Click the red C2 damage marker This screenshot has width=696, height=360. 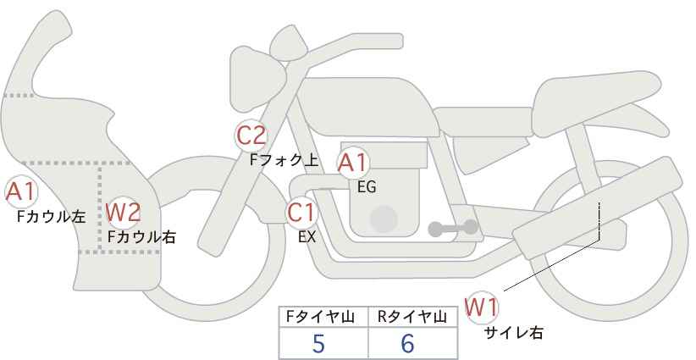[x=251, y=136]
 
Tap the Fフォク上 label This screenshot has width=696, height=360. [x=284, y=160]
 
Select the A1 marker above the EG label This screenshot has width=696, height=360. [x=353, y=163]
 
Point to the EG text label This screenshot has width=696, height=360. [x=367, y=187]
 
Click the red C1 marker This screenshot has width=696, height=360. [x=301, y=213]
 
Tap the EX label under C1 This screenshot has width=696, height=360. [x=307, y=237]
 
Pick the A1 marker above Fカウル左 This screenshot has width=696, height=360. [x=21, y=192]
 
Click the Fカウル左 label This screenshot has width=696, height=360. [x=51, y=217]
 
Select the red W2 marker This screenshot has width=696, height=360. [x=123, y=212]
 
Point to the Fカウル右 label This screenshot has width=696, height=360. [x=141, y=237]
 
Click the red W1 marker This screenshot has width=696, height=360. [x=482, y=307]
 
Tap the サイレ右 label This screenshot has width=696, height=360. [x=514, y=333]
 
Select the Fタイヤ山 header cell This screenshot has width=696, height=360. [x=323, y=317]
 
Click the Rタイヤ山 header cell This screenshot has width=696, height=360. [x=413, y=317]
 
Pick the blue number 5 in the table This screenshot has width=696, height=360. [x=318, y=343]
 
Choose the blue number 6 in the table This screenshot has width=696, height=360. [x=407, y=343]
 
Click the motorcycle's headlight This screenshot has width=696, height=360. [x=257, y=80]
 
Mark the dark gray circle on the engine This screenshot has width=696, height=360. [x=384, y=219]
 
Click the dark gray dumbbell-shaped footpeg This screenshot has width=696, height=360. [x=453, y=228]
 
